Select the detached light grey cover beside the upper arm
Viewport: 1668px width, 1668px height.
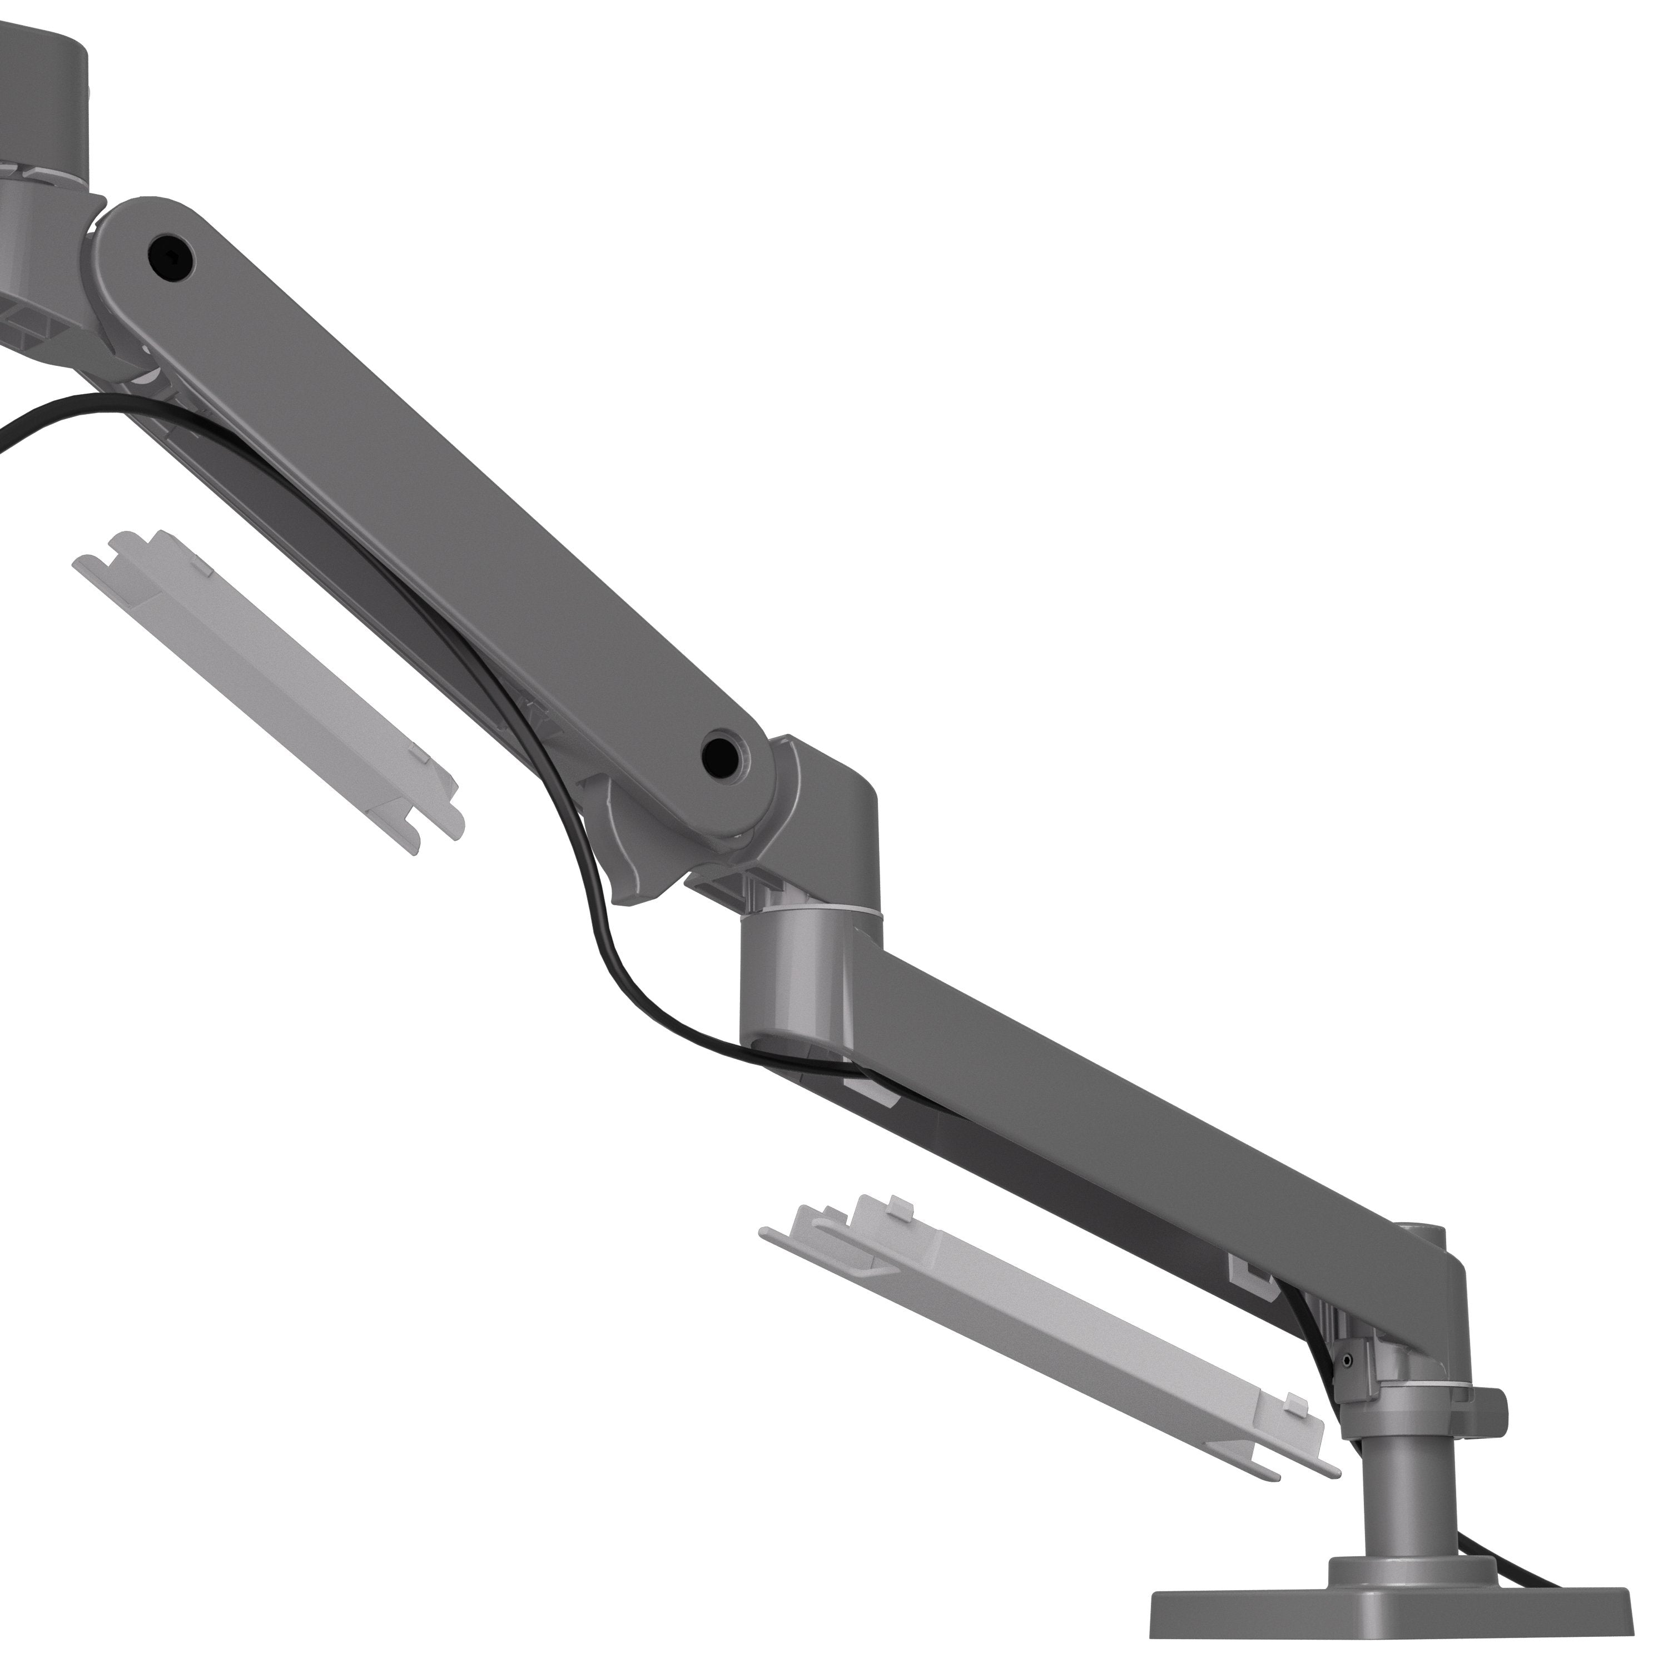[x=267, y=691]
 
